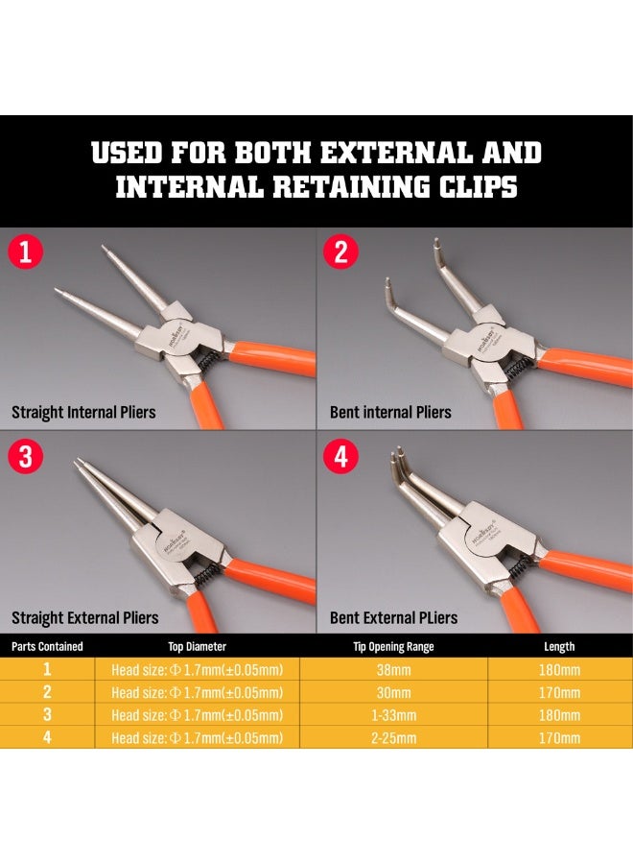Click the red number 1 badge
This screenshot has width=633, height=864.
point(27,252)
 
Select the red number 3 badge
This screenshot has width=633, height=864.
point(27,457)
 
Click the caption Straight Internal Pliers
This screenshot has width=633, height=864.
point(83,413)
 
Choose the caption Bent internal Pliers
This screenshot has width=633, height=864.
point(390,413)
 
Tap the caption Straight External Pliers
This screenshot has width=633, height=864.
point(84,617)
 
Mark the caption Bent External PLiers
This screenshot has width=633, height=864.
point(393,617)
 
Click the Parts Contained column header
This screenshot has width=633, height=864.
point(47,646)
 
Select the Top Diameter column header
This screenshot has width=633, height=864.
point(197,646)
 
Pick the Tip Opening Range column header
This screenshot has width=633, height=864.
point(393,646)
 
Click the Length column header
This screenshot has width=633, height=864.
point(559,646)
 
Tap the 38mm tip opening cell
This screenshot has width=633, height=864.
point(393,669)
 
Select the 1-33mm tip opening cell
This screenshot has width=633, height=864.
point(393,715)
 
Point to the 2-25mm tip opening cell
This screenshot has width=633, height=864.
point(393,738)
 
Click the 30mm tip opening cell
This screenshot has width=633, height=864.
point(393,692)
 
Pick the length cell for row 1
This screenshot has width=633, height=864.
point(559,669)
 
